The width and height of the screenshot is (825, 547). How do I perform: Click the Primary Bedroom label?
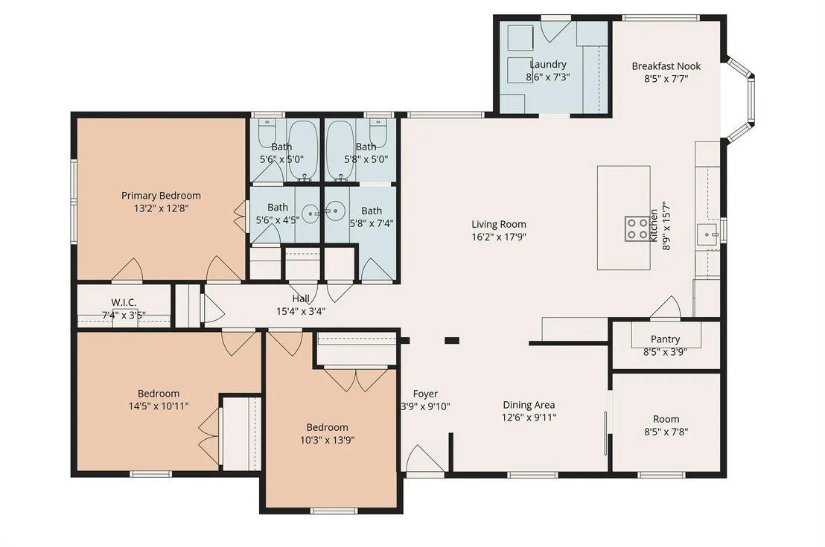point(161,196)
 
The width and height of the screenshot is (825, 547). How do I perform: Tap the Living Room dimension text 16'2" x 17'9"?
point(499,237)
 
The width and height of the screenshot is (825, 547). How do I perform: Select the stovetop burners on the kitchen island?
point(637,228)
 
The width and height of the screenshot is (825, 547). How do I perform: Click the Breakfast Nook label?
point(666,66)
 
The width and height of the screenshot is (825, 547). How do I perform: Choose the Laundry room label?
point(548,65)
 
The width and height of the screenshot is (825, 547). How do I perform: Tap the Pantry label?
point(665,339)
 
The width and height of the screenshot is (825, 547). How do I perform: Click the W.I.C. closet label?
point(124,302)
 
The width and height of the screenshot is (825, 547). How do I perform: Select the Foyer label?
point(425,394)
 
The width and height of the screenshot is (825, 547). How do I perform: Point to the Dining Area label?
point(529,405)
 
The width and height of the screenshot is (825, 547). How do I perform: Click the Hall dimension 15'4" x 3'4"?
point(301,311)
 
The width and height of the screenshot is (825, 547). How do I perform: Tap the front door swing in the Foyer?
point(424,458)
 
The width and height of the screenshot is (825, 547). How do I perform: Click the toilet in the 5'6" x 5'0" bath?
point(267,132)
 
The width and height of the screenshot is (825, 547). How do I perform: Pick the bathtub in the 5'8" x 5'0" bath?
point(340,150)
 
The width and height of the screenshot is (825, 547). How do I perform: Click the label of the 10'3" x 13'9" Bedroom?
point(328,428)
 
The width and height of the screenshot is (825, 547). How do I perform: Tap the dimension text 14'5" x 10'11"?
point(159,406)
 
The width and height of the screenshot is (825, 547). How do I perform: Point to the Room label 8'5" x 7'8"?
point(666,419)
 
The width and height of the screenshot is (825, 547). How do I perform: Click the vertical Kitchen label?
point(654,225)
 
